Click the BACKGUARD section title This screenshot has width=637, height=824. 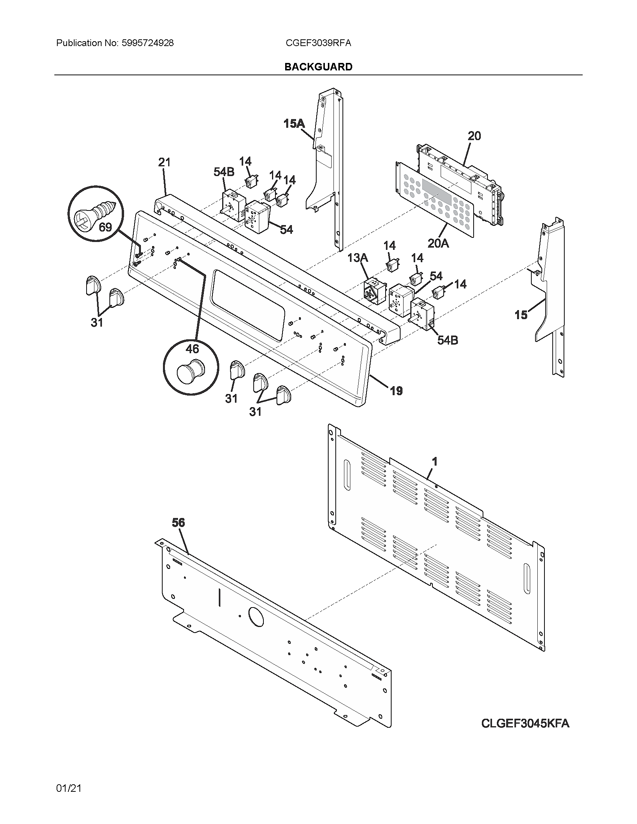coord(318,67)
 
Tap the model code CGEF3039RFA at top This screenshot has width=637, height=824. coord(318,43)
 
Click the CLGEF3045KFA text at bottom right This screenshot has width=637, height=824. coord(525,724)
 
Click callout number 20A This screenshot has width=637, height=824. coord(438,244)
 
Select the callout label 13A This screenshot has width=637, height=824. coord(357,258)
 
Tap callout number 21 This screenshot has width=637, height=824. coord(164,162)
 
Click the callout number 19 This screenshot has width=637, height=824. coord(396,391)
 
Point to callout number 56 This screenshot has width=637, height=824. coord(178,522)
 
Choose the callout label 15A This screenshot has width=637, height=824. coord(294,123)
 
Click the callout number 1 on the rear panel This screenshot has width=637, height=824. coord(434,461)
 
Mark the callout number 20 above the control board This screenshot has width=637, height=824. coord(474,136)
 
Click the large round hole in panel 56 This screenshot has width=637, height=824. coord(256,618)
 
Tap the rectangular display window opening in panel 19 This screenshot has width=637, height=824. coord(248,305)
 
